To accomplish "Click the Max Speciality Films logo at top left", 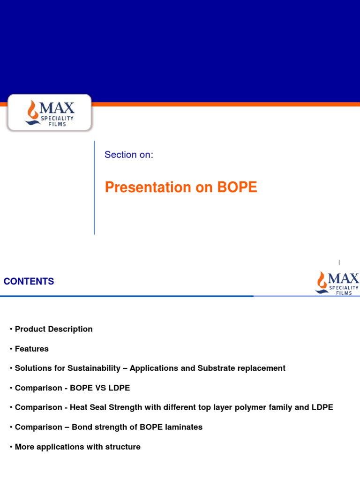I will coord(49,112).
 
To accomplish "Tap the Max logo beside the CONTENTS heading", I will coord(337,283).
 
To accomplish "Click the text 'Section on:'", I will coord(129,155).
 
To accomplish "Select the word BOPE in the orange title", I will coord(237,187).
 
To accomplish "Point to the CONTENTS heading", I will coord(29,282).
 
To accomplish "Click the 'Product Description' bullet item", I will coord(53,329).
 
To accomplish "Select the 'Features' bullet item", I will coord(31,349).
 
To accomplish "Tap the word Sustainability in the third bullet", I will coord(94,368).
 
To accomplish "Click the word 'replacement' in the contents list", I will coord(262,368).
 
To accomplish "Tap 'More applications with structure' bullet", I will coord(77,447).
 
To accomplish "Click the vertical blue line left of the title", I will coord(94,187).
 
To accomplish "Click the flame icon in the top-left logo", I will coord(32,111).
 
